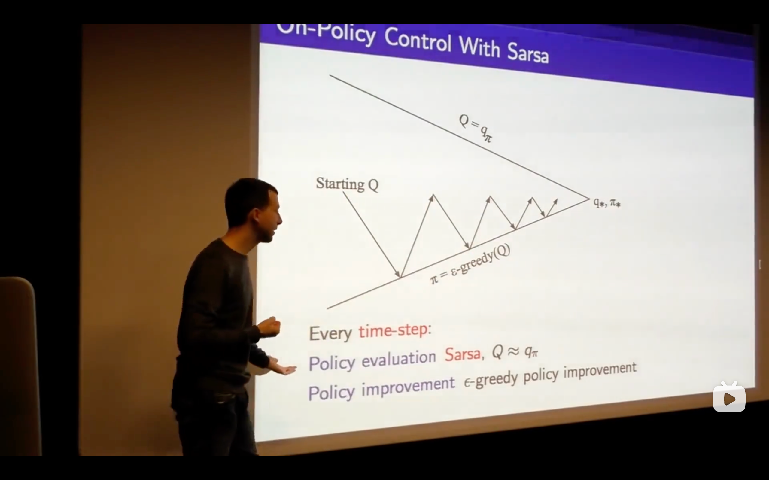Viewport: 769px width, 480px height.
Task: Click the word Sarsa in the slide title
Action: [x=528, y=52]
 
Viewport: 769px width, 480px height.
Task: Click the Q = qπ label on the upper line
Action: [x=476, y=128]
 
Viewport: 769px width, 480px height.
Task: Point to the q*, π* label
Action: [x=607, y=202]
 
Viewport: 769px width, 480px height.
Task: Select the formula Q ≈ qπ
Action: [x=515, y=351]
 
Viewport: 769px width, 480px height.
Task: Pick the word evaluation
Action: [x=399, y=359]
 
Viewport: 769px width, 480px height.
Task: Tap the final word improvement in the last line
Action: [x=600, y=370]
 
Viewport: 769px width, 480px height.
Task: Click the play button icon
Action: [x=729, y=398]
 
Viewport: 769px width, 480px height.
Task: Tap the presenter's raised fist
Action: [x=270, y=326]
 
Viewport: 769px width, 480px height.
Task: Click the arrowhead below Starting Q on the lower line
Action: [x=397, y=274]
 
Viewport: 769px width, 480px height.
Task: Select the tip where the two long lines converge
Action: [x=589, y=199]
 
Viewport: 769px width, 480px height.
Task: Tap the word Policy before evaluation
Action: [x=332, y=363]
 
